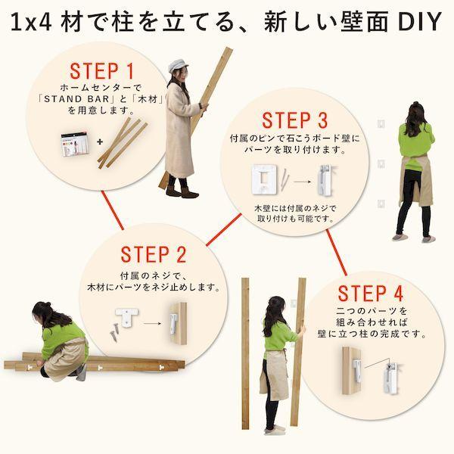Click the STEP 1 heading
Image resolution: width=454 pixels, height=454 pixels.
click(101, 71)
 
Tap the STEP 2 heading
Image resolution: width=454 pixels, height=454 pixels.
click(154, 254)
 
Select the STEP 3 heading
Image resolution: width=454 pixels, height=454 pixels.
click(295, 120)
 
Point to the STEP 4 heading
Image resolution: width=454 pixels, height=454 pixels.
click(370, 293)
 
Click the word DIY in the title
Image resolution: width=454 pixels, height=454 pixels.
click(419, 21)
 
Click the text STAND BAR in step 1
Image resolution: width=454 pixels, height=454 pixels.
click(76, 99)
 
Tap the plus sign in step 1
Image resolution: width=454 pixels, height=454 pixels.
click(100, 142)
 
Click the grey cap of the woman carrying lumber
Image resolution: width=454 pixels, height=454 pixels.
click(177, 65)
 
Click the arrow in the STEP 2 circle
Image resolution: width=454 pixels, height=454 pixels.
click(152, 323)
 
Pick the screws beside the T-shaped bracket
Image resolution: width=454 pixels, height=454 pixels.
click(114, 331)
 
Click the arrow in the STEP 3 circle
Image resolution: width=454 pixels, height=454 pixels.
click(302, 182)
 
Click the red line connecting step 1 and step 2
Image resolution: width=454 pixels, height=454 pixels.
click(113, 210)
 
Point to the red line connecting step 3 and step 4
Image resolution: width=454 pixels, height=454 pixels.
click(337, 253)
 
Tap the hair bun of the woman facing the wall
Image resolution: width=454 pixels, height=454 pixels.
click(415, 104)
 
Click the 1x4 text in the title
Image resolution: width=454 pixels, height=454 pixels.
click(31, 23)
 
